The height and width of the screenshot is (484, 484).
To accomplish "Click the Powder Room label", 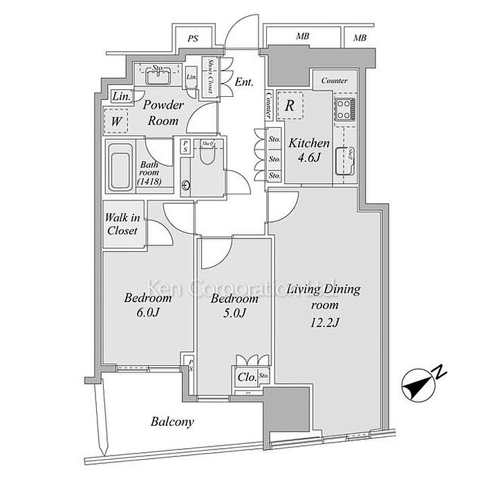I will [x=162, y=113].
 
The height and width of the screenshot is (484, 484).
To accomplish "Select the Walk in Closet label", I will [x=122, y=225].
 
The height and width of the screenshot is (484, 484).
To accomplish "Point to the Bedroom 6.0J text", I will [x=148, y=305].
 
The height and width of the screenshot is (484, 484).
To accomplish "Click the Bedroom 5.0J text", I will [x=234, y=306].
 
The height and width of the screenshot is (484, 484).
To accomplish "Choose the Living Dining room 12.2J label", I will [x=324, y=305].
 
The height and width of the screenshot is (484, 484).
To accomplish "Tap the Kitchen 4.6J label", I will [x=308, y=150].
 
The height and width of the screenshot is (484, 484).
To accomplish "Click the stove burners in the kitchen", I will [x=344, y=109].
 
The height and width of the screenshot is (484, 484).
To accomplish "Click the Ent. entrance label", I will [x=243, y=82].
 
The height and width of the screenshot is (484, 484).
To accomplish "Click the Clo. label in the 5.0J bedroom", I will [x=245, y=378].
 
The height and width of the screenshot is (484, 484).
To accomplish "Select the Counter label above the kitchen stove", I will [x=334, y=81].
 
